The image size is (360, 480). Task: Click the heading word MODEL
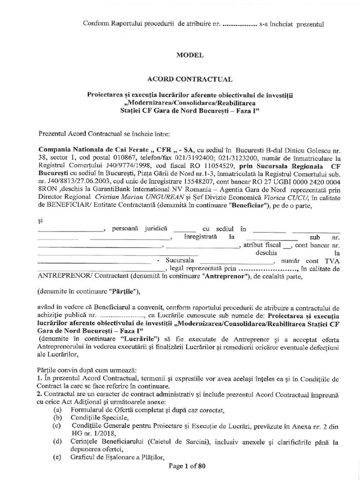189,55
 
